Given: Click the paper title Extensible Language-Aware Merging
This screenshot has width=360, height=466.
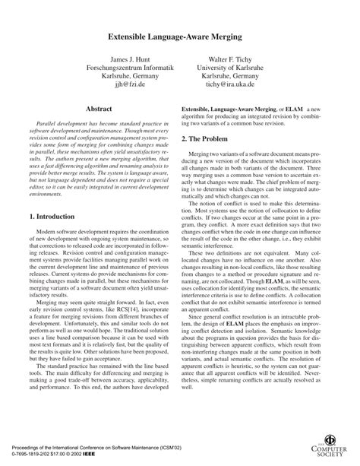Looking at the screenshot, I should click(x=180, y=36).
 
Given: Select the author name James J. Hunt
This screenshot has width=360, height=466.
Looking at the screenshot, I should click(x=121, y=58).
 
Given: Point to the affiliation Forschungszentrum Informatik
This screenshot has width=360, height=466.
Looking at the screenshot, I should click(x=121, y=67).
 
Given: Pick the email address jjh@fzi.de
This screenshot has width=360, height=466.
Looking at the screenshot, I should click(x=121, y=85).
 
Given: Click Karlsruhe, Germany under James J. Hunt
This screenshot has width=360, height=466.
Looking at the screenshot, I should click(x=121, y=76).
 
